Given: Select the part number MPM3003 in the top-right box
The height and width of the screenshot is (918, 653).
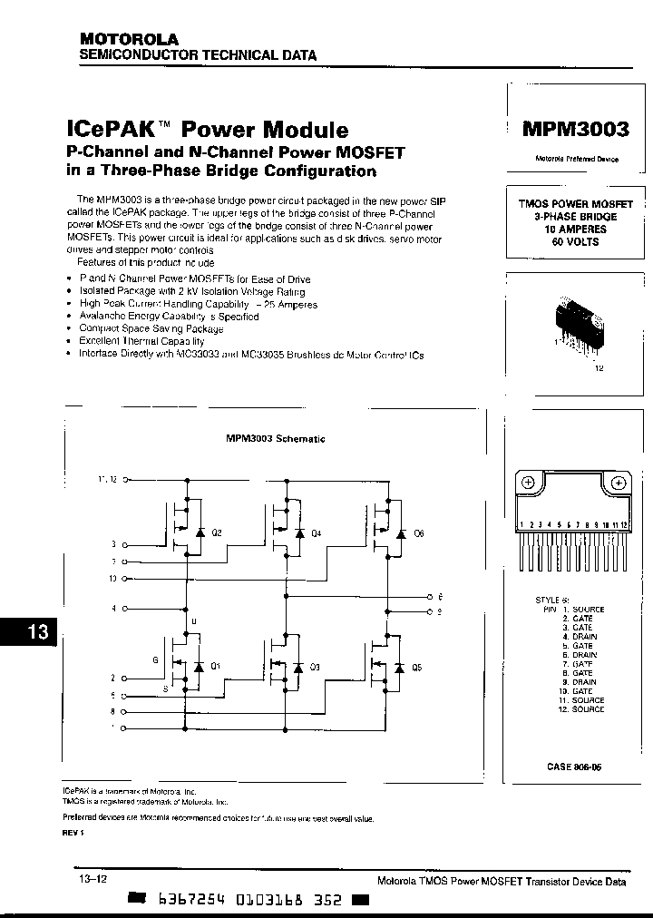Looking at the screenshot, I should [575, 129].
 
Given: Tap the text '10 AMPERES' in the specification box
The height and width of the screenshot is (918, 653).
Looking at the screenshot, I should [576, 229].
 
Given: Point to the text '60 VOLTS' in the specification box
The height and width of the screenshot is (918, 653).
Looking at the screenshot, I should [576, 242].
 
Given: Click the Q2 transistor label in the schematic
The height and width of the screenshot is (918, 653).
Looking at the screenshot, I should [216, 533].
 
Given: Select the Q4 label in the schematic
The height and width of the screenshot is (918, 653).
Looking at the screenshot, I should [316, 533].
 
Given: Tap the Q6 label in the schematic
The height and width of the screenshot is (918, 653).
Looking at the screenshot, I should [418, 533].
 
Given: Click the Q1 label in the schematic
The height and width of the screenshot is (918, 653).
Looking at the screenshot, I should [215, 667].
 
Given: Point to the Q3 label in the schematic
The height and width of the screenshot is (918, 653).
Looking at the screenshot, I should [315, 667].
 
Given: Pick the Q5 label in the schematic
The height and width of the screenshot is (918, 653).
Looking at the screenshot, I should [416, 667].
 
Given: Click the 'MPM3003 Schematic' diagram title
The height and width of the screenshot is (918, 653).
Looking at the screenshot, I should [276, 438].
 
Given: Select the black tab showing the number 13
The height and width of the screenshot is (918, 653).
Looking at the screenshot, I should [29, 632].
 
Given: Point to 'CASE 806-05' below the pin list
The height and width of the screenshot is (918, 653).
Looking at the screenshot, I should [574, 767].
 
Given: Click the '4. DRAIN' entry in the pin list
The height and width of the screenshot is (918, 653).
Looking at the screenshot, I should [574, 637].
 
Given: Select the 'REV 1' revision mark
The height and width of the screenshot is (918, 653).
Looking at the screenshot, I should [73, 833].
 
